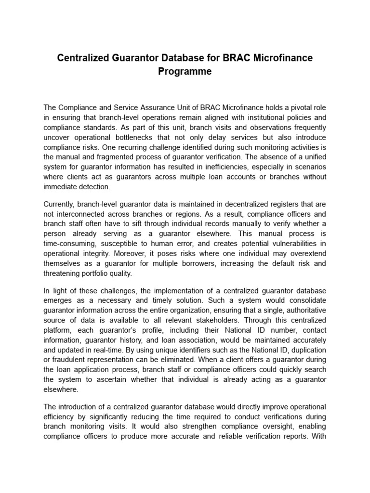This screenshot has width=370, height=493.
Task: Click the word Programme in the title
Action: click(x=185, y=72)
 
